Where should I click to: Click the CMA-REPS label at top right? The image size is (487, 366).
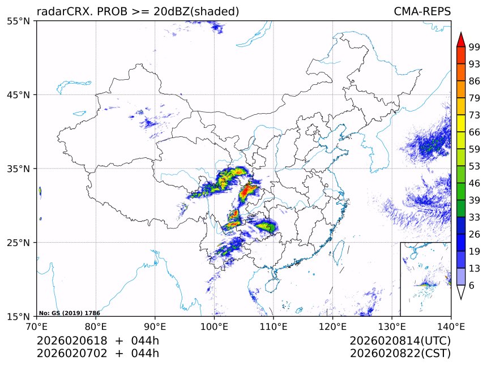tap(422, 12)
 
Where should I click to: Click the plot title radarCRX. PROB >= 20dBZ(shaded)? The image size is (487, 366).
tap(138, 12)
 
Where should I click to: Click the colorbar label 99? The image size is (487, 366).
tap(475, 48)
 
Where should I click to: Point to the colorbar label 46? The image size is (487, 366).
tap(475, 183)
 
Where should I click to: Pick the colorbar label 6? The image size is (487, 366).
tap(472, 285)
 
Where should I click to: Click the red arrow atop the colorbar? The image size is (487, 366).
tap(460, 40)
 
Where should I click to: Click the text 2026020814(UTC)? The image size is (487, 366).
tap(400, 341)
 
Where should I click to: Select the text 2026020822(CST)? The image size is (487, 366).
tap(400, 354)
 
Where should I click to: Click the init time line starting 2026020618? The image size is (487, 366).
tap(97, 341)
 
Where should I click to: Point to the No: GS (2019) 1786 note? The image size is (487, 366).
tap(69, 313)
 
